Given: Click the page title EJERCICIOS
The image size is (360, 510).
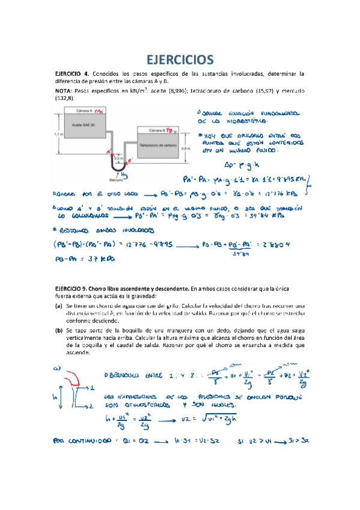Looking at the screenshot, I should click(180, 59).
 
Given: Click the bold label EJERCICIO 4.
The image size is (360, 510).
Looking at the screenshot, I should click(72, 74).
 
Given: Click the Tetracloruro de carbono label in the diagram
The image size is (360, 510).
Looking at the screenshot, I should click(157, 145).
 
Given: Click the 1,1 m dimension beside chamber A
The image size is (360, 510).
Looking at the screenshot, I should click(58, 134).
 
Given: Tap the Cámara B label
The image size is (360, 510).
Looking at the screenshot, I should click(155, 129).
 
